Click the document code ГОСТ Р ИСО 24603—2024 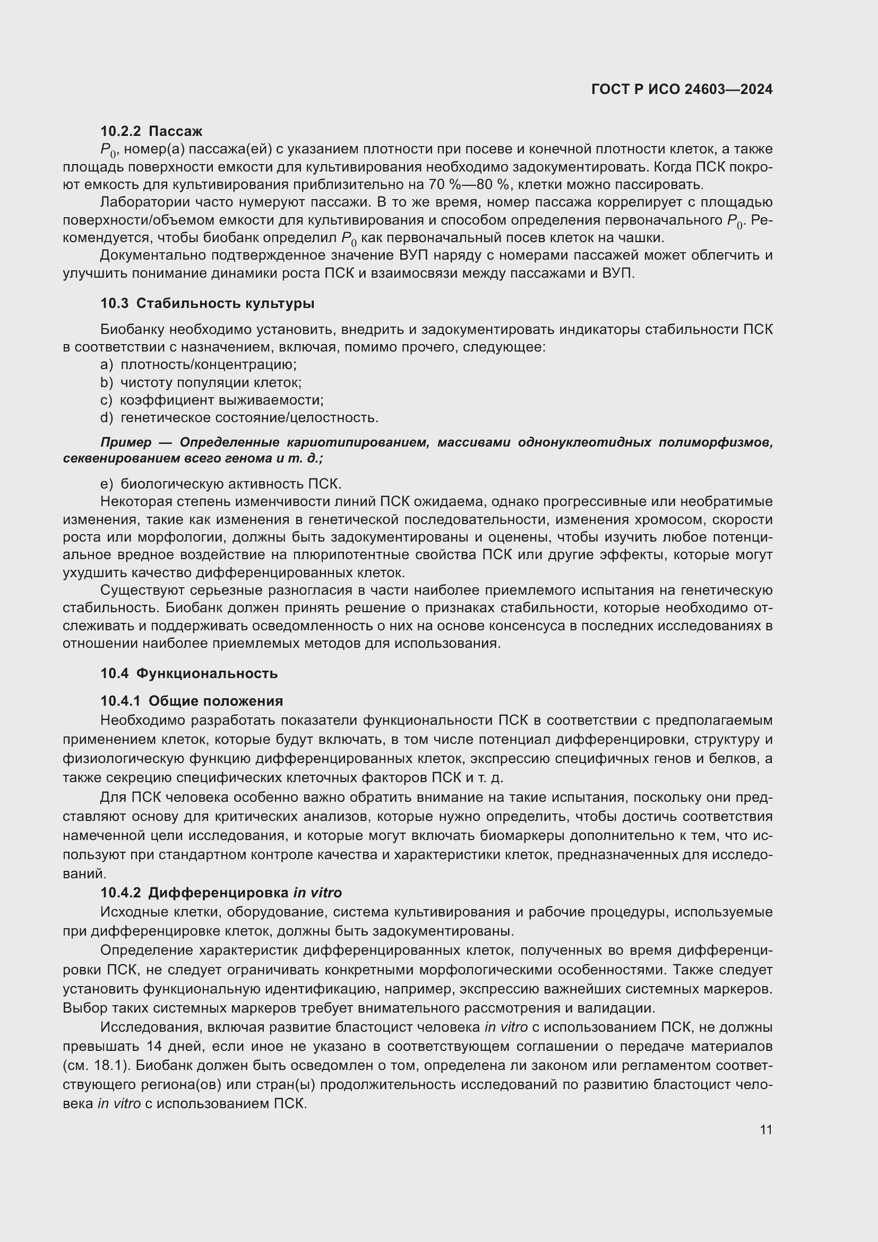tap(682, 89)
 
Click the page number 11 tap(765, 1129)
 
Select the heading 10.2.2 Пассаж tap(151, 131)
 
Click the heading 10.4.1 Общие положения tap(192, 701)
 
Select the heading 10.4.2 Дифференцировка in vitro tap(221, 892)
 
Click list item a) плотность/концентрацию tap(199, 365)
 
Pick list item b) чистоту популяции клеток tap(201, 382)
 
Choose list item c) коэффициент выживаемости tap(211, 400)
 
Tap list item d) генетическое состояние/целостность tap(239, 417)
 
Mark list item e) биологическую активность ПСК tap(221, 483)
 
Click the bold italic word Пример tap(126, 442)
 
